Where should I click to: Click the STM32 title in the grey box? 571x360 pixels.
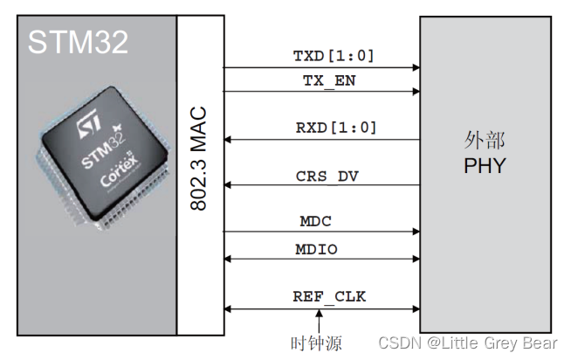79,42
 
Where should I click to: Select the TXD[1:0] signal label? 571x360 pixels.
334,56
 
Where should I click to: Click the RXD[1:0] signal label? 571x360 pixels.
336,128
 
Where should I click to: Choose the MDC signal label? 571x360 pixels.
316,222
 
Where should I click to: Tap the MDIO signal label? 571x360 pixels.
316,249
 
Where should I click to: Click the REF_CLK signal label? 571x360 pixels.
329,297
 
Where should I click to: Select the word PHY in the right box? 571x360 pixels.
485,166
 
